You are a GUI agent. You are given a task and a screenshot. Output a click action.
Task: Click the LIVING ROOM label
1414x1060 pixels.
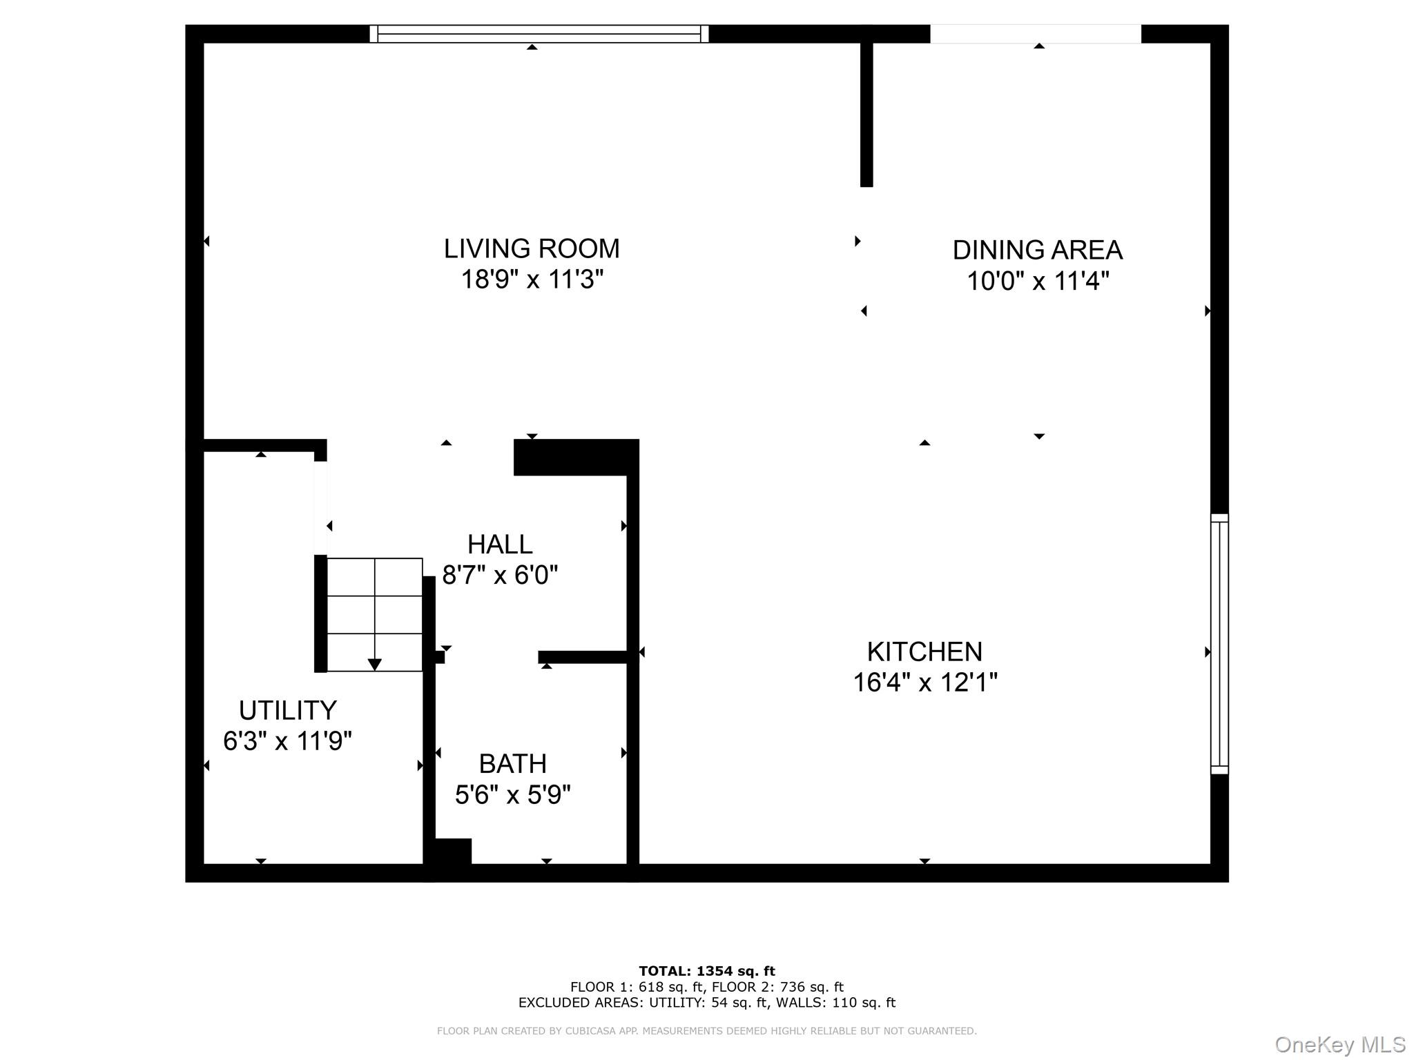point(531,248)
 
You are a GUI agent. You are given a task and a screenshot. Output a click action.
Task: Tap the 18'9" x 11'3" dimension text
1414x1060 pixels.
point(532,279)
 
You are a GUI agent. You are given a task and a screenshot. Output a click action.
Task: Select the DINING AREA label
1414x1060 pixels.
point(1037,250)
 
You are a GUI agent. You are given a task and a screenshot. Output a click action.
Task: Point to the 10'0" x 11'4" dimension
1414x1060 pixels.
point(1037,282)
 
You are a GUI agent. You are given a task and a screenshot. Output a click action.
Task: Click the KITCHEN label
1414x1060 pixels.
point(924,651)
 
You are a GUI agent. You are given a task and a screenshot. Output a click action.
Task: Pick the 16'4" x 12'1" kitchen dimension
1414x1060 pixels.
point(924,683)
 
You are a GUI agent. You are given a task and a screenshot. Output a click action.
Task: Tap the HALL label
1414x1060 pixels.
point(500,544)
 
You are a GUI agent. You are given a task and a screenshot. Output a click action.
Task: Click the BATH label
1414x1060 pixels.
point(512,764)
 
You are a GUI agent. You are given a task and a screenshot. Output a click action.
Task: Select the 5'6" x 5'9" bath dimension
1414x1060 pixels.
point(512,795)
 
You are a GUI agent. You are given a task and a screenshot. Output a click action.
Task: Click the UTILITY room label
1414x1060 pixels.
point(287,710)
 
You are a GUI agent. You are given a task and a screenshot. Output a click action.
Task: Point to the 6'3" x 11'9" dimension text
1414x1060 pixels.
point(287,741)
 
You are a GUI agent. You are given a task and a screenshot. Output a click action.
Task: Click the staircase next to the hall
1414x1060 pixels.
point(374,614)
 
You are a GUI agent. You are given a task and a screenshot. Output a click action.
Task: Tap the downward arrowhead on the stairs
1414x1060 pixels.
point(374,665)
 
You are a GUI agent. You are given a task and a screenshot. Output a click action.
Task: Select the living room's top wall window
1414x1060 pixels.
point(539,34)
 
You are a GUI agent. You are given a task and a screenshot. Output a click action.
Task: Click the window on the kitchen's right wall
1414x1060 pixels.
point(1219,643)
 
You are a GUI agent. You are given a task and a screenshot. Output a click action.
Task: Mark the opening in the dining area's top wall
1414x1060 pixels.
point(1035,34)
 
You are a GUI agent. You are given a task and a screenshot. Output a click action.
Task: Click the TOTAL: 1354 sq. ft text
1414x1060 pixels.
point(706,971)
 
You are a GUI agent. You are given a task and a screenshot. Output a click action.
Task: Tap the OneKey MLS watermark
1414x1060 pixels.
point(1339,1044)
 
